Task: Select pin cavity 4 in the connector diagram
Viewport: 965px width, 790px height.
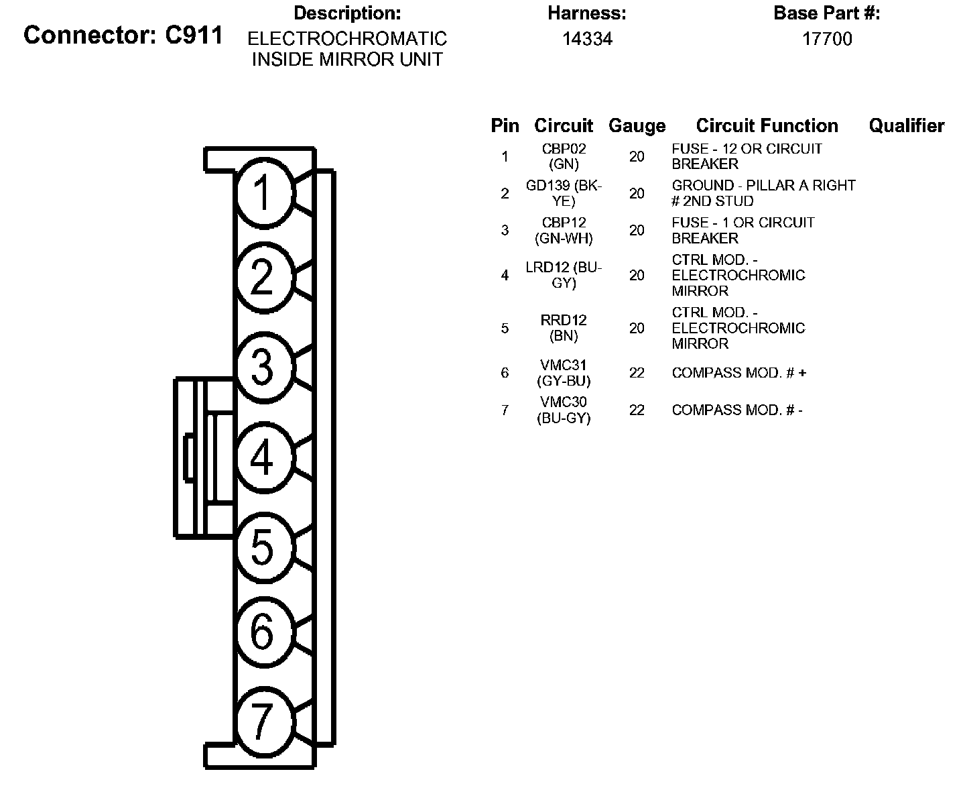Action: [263, 457]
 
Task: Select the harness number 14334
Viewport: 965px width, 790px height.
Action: [587, 39]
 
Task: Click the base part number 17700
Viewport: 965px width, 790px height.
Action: [827, 39]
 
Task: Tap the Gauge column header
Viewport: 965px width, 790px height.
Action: [637, 126]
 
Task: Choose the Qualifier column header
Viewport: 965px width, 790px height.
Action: [906, 125]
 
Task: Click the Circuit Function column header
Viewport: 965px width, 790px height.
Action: [767, 125]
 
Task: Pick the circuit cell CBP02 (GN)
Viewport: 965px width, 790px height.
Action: [564, 156]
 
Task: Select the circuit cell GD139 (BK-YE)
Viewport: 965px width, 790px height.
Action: [564, 193]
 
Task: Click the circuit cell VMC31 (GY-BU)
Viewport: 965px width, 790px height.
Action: [564, 373]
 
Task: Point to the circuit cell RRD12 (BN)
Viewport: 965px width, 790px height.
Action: [564, 328]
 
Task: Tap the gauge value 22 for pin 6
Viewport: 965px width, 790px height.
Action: [637, 373]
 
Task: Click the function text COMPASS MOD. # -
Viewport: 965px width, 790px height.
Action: [737, 410]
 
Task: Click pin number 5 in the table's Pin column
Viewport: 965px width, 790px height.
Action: [505, 328]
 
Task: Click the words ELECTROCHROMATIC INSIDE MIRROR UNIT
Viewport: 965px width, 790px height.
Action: [347, 49]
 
